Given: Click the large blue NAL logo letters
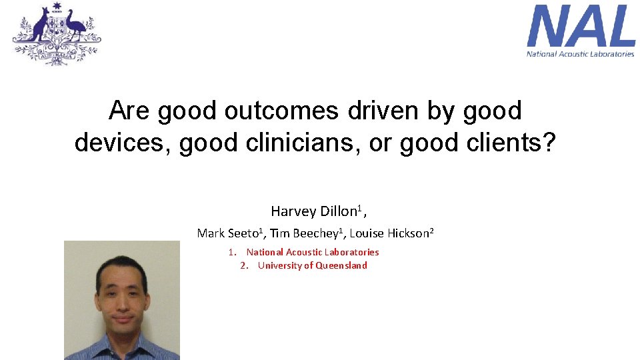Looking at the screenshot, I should (581, 27).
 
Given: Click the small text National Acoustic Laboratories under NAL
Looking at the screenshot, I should (581, 54).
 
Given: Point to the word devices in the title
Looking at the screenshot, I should (121, 142).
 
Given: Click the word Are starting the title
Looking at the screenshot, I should (129, 111).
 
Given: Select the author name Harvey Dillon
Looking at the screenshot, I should (314, 211).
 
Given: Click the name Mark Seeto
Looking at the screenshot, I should (227, 233).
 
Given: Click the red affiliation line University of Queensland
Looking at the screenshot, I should (312, 265).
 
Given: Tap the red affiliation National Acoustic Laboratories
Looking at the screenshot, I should (313, 252).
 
